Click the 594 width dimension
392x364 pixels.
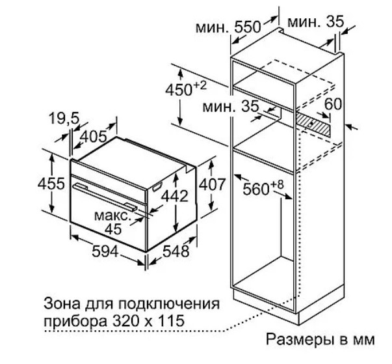(x=105, y=251)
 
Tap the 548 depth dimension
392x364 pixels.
(x=176, y=251)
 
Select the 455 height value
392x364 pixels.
(x=51, y=184)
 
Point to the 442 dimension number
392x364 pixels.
(x=174, y=195)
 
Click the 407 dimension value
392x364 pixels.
(x=212, y=184)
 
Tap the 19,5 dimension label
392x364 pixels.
(x=64, y=118)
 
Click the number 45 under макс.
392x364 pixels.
(x=113, y=229)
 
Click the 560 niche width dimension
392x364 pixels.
(x=263, y=188)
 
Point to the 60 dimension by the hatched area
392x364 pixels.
(x=333, y=104)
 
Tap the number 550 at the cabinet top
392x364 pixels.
(x=248, y=27)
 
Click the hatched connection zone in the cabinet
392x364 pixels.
(x=313, y=124)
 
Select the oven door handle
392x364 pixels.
(x=105, y=197)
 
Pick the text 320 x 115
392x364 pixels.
(x=148, y=320)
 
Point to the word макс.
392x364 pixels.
(x=112, y=216)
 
